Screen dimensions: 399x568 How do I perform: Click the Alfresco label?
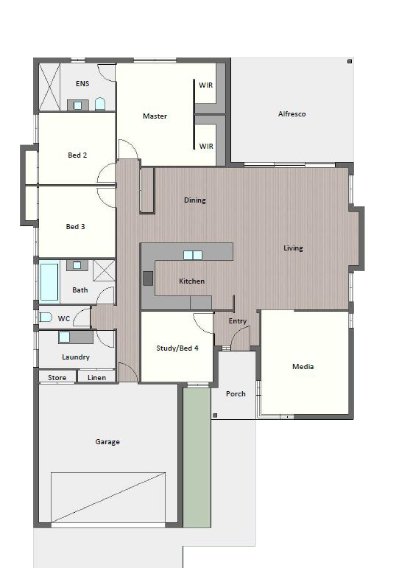pyautogui.click(x=292, y=113)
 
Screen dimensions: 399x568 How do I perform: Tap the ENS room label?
pyautogui.click(x=82, y=84)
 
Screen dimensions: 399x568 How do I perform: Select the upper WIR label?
pyautogui.click(x=205, y=85)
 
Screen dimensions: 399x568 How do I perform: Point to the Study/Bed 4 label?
pyautogui.click(x=177, y=348)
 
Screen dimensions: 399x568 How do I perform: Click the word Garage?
pyautogui.click(x=107, y=441)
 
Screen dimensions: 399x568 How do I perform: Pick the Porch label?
pyautogui.click(x=236, y=393)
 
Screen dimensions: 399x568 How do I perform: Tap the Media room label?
pyautogui.click(x=303, y=367)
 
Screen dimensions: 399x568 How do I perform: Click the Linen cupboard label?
pyautogui.click(x=96, y=377)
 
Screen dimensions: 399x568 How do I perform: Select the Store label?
pyautogui.click(x=57, y=377)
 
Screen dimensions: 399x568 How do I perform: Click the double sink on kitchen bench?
pyautogui.click(x=193, y=256)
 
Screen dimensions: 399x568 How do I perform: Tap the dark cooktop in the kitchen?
pyautogui.click(x=148, y=278)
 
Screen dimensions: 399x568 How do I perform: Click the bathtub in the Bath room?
pyautogui.click(x=49, y=282)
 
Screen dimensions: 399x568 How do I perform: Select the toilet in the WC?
pyautogui.click(x=45, y=318)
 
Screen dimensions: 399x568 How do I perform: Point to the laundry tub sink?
pyautogui.click(x=64, y=337)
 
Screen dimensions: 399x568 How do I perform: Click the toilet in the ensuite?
pyautogui.click(x=100, y=105)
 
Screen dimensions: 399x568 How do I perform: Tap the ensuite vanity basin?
pyautogui.click(x=77, y=105)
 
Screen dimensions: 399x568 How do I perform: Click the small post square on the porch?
pyautogui.click(x=215, y=416)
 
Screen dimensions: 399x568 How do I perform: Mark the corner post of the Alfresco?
pyautogui.click(x=350, y=62)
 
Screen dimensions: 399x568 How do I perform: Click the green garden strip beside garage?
pyautogui.click(x=197, y=457)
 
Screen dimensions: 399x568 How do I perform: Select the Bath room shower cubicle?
pyautogui.click(x=104, y=270)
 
